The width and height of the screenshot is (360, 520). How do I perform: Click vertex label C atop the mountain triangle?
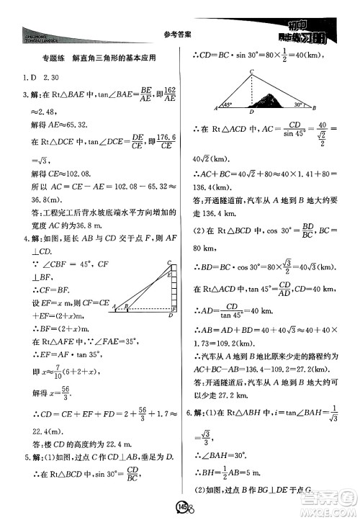pos(251,71)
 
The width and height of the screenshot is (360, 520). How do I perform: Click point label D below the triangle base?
pos(250,113)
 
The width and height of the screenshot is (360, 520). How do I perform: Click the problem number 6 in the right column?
pos(189,413)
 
